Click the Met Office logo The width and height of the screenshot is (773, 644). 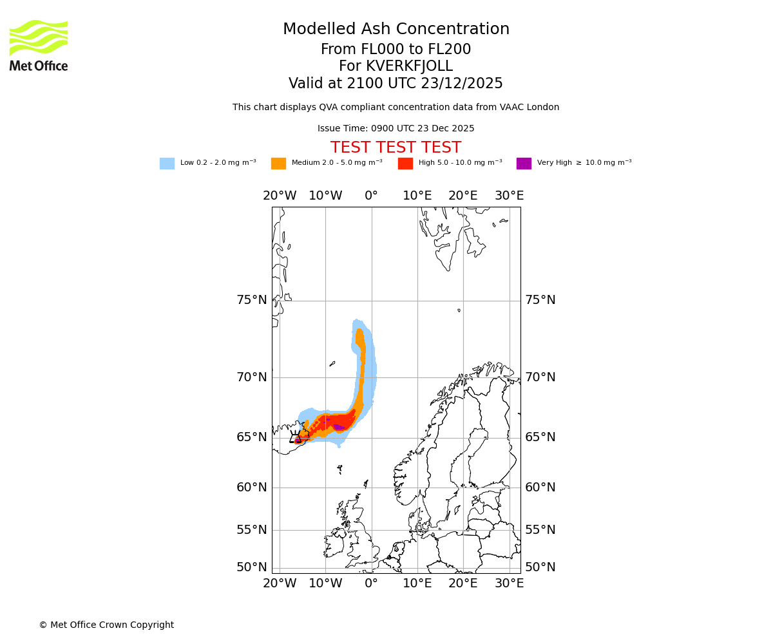(x=39, y=45)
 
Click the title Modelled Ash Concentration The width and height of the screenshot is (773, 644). (x=396, y=30)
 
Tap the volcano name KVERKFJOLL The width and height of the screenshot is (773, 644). (x=409, y=66)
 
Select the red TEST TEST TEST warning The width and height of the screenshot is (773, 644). (x=396, y=147)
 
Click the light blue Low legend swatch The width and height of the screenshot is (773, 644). (x=167, y=164)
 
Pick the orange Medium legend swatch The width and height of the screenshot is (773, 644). (x=278, y=164)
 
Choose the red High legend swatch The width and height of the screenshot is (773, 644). (x=405, y=164)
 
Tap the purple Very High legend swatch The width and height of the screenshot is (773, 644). (x=524, y=164)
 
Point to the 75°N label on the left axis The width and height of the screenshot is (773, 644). (x=251, y=300)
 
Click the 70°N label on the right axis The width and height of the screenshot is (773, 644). (x=540, y=377)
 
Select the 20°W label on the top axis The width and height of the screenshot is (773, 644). (x=280, y=196)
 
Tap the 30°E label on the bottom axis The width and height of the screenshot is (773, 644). (x=509, y=583)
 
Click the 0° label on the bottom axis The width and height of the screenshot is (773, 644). (x=371, y=583)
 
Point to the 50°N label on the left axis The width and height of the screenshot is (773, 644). (x=251, y=567)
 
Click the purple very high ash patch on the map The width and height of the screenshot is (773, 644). (x=339, y=427)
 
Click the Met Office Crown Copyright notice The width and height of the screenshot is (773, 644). (x=106, y=625)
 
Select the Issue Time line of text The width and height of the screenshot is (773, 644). (x=396, y=129)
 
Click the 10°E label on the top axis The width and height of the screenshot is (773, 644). (x=417, y=196)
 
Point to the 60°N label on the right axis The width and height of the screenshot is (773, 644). (x=540, y=488)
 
